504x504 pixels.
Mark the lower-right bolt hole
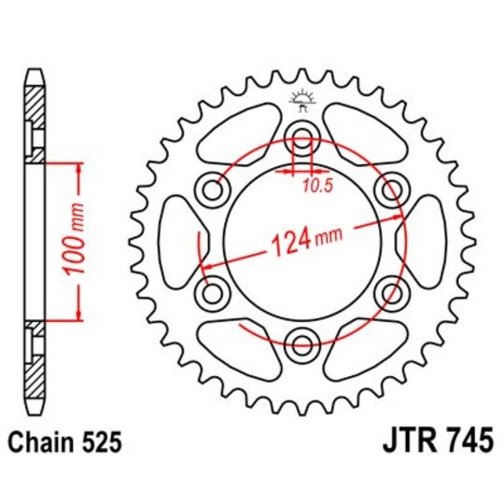390,293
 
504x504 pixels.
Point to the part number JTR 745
438,441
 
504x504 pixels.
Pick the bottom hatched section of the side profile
35,369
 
